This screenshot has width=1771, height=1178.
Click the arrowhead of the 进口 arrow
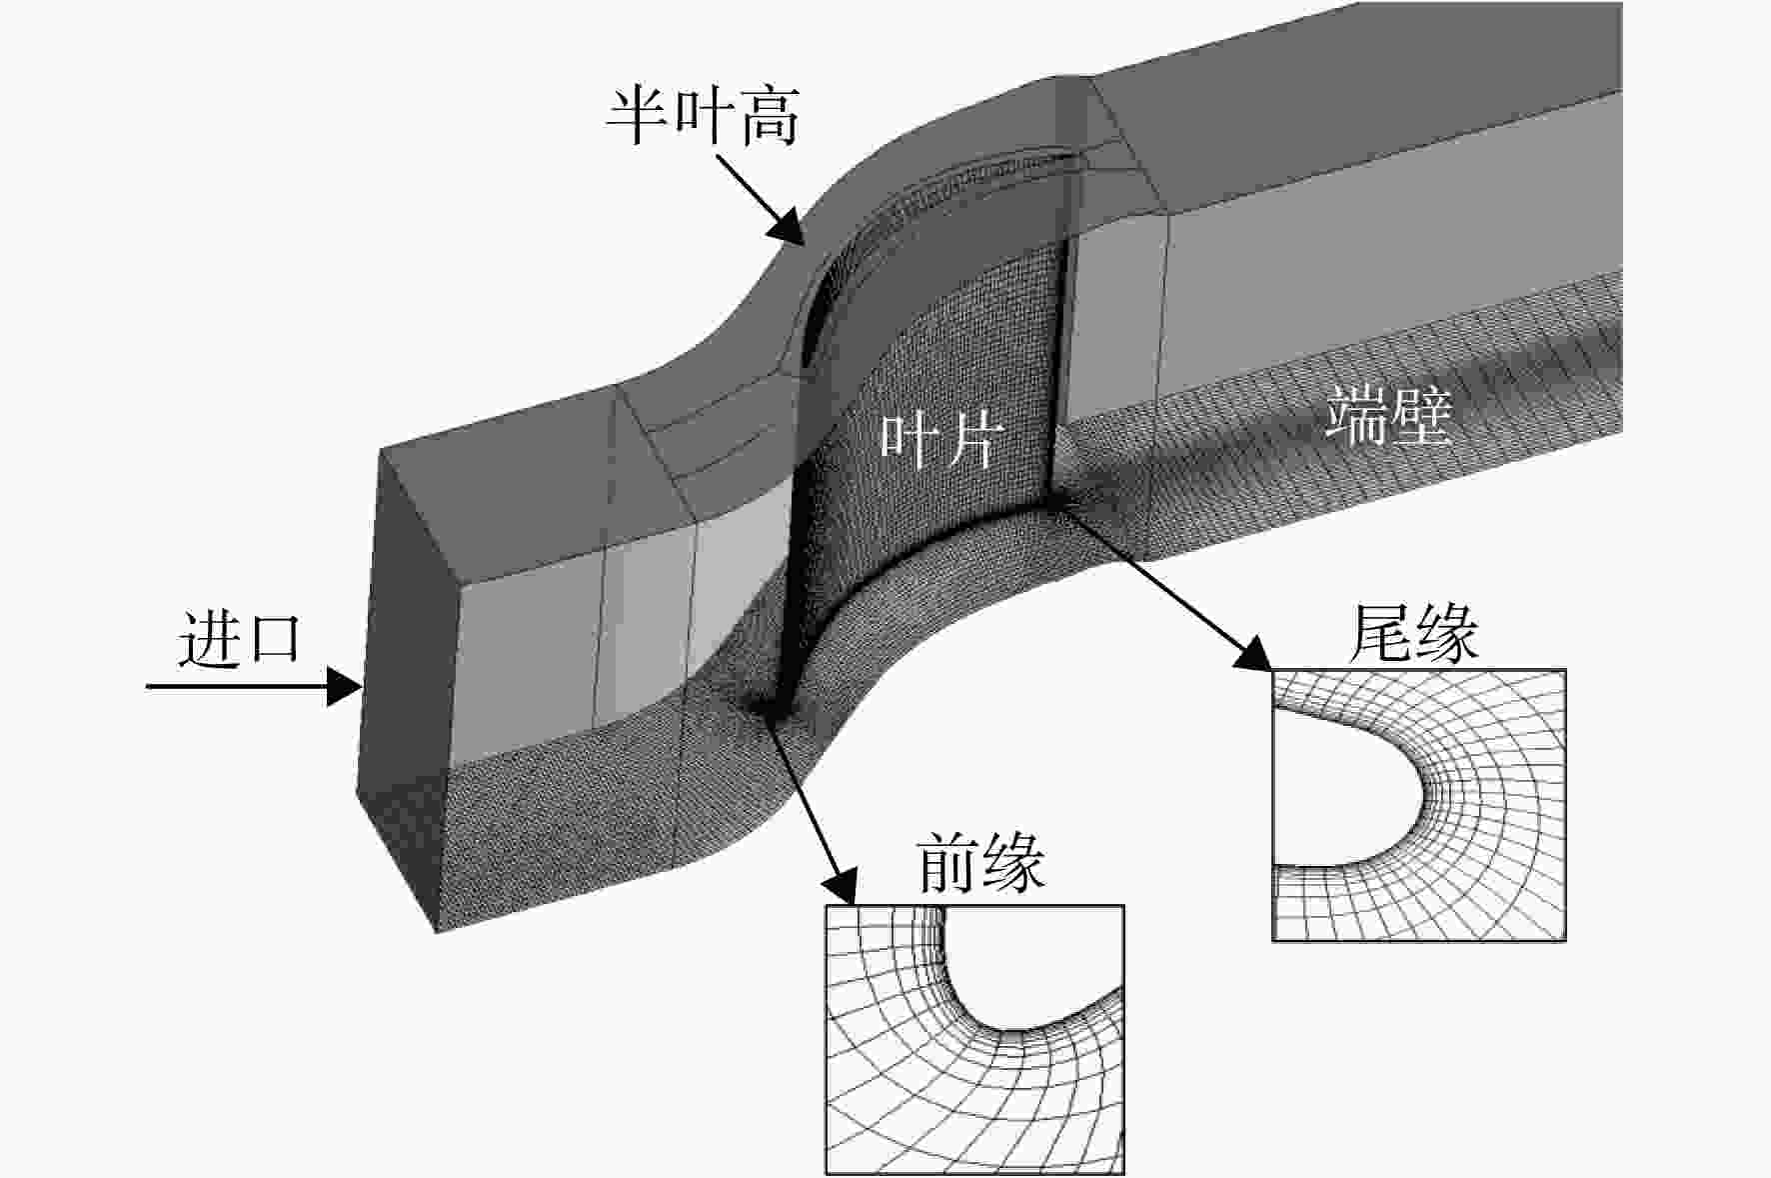coord(344,686)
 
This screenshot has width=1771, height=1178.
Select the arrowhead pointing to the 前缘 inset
coord(841,884)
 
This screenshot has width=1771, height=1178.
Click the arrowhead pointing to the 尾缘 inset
coord(1253,651)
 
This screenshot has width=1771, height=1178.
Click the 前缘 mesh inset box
coord(974,1039)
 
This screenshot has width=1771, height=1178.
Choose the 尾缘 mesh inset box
coord(1418,805)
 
